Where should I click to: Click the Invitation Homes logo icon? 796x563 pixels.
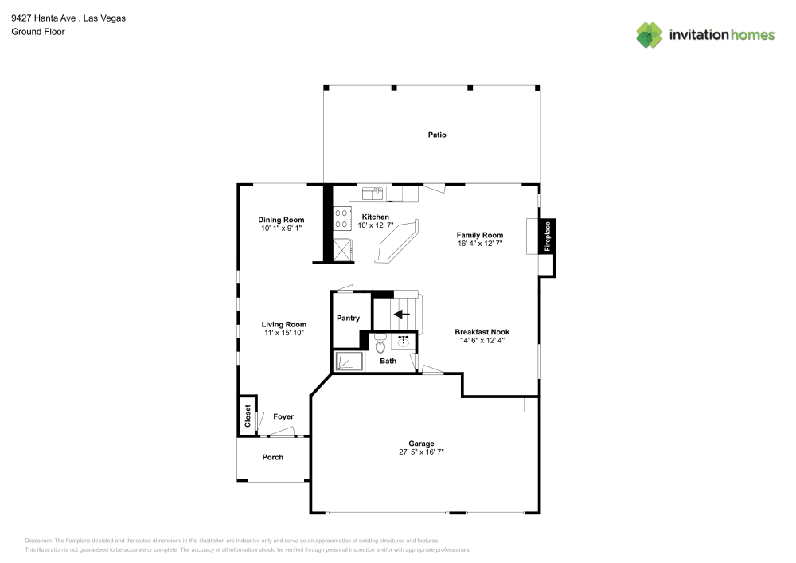click(649, 34)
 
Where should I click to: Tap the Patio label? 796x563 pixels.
click(437, 135)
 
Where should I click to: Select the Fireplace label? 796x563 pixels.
click(547, 237)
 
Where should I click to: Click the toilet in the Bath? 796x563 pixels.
click(380, 344)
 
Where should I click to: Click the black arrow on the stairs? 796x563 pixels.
click(402, 314)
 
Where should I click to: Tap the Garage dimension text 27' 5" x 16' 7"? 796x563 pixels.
click(421, 452)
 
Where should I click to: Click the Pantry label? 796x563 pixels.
click(348, 318)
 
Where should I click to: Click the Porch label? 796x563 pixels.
click(273, 457)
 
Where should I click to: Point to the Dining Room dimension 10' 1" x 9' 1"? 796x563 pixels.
click(281, 229)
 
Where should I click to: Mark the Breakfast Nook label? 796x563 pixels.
click(482, 331)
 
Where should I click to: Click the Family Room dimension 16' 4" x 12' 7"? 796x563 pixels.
click(480, 244)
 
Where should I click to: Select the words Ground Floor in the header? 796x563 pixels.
click(38, 32)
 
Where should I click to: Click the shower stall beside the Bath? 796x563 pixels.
click(348, 362)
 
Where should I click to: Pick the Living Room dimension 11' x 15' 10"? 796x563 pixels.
click(284, 333)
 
